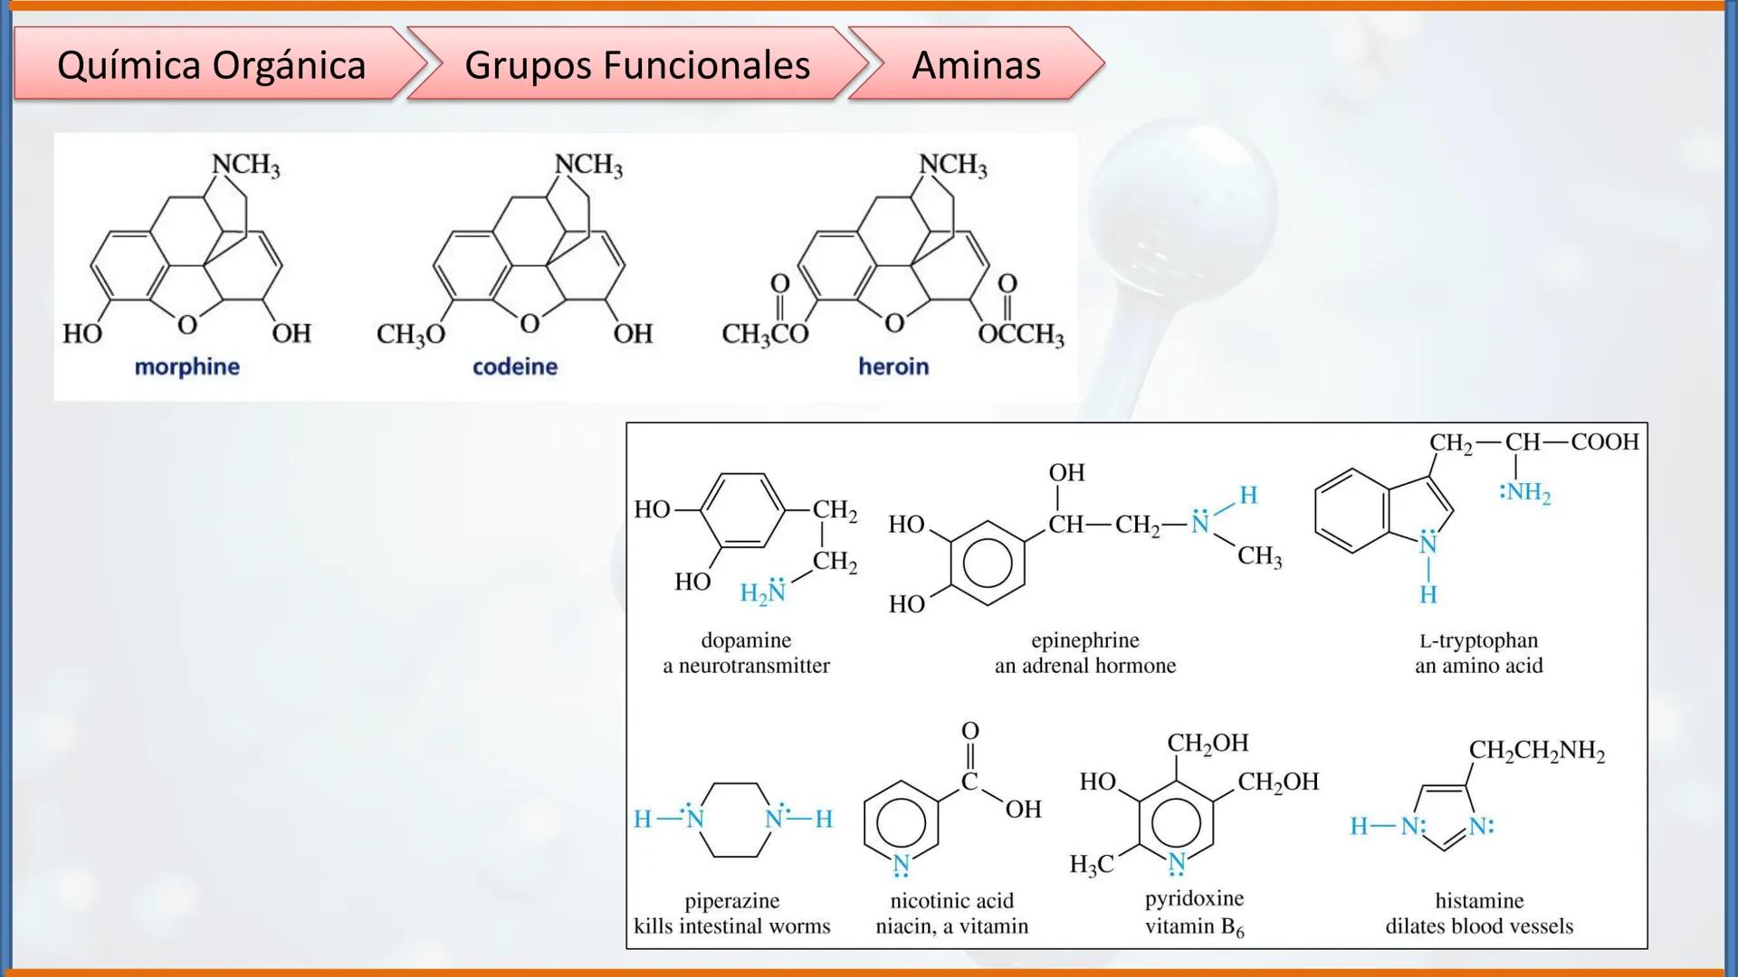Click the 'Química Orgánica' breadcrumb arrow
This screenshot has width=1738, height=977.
211,65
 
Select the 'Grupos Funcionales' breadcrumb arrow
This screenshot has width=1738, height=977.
636,65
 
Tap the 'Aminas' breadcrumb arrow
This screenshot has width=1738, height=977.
976,65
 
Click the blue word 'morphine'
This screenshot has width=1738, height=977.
186,366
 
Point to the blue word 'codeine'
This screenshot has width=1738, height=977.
514,366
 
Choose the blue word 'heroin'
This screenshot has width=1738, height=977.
893,366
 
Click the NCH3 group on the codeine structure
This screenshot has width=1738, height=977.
588,165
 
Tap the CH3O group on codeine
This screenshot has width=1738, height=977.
411,335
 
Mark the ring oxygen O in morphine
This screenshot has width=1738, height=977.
187,324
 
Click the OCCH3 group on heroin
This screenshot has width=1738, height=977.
1021,335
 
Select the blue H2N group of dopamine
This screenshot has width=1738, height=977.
763,593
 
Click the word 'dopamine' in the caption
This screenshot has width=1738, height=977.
746,640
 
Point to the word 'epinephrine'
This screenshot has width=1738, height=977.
1085,640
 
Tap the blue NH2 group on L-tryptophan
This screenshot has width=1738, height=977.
1525,492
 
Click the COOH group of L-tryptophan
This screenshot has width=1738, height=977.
1605,441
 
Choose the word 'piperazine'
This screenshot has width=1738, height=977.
731,901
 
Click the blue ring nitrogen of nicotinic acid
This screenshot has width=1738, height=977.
901,864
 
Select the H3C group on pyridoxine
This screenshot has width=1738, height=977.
1091,865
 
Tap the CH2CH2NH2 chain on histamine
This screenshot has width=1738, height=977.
1536,751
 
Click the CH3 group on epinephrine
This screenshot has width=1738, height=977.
1259,555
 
